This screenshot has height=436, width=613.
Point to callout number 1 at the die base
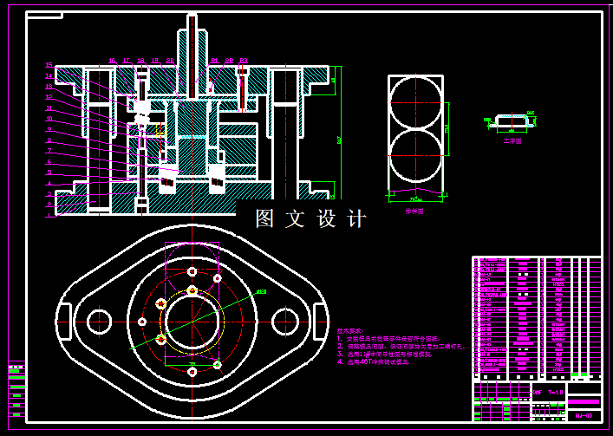(x=49, y=216)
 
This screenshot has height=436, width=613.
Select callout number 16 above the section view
(x=113, y=61)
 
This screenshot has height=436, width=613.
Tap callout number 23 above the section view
(x=245, y=61)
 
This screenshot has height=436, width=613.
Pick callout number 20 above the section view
(x=170, y=61)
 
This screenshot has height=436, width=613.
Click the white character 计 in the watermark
(x=356, y=219)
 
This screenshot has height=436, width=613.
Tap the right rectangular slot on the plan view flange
(x=319, y=319)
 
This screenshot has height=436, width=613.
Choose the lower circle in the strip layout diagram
(x=414, y=159)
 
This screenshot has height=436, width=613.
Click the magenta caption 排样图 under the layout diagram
(x=414, y=211)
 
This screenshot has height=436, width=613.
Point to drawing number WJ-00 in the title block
(x=584, y=415)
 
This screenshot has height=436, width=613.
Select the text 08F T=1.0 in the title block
(x=545, y=393)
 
